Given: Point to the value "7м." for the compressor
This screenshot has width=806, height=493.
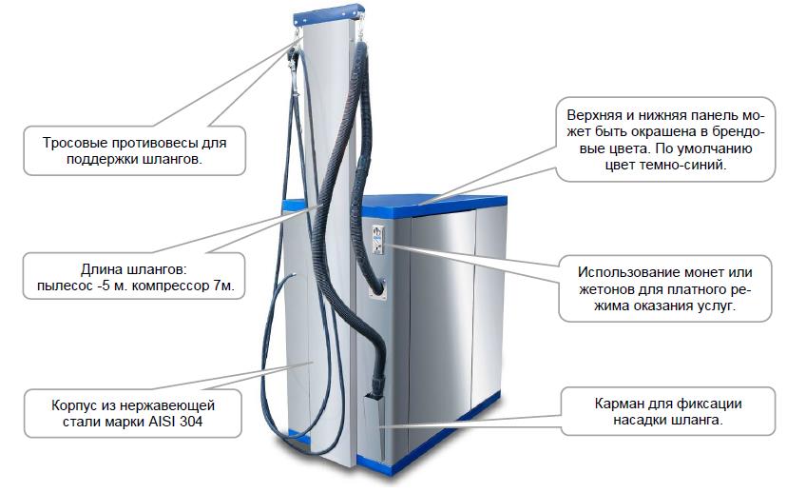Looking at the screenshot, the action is pos(223,286).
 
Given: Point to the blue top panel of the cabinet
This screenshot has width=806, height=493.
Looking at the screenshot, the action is pos(427,204).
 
